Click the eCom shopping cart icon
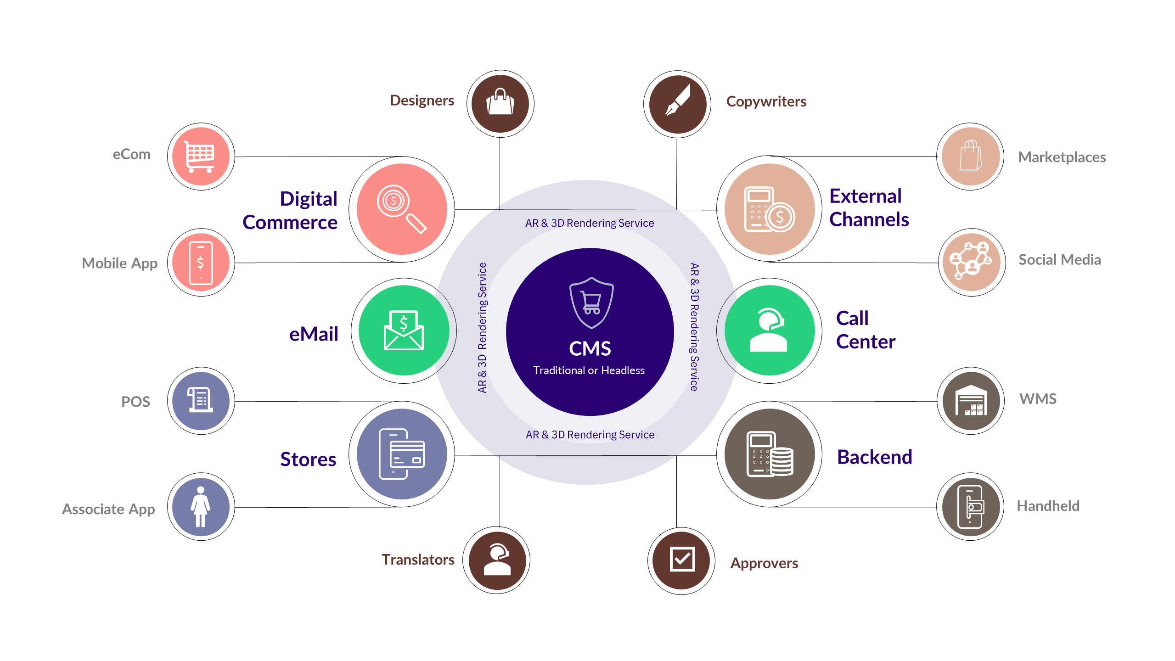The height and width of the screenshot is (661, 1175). click(x=200, y=157)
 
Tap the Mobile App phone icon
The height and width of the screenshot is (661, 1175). click(x=201, y=263)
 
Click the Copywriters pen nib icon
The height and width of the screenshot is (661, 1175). click(x=678, y=100)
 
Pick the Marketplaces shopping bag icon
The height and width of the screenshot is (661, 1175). click(x=970, y=156)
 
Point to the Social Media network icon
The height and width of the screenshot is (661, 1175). click(x=971, y=261)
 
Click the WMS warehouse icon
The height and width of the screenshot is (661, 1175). click(x=971, y=400)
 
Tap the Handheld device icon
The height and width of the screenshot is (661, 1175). click(x=971, y=507)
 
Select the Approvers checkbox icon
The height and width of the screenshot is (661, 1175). click(x=682, y=559)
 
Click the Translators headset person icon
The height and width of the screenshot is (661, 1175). click(x=497, y=560)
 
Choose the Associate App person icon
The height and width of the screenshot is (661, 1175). click(x=201, y=507)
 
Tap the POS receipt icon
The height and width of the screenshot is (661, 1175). click(x=200, y=399)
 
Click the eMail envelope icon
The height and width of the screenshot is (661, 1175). click(x=404, y=330)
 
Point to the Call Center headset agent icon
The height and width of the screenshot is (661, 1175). click(x=769, y=330)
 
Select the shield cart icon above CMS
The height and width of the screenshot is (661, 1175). click(x=591, y=303)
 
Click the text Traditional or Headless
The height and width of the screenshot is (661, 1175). click(x=589, y=370)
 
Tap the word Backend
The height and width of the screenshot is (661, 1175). click(x=875, y=457)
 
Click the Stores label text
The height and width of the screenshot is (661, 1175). click(x=308, y=459)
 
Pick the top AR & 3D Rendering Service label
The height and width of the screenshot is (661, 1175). click(x=590, y=223)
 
